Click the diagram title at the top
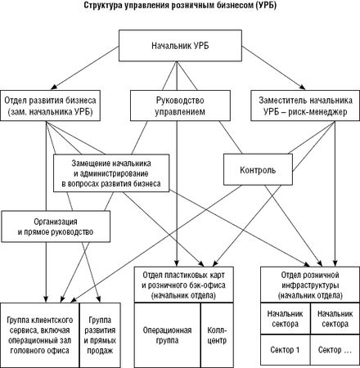(180, 6)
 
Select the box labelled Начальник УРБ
(180, 46)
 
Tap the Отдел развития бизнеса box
(50, 105)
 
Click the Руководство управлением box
(180, 105)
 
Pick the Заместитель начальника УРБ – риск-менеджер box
(305, 105)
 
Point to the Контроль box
(258, 169)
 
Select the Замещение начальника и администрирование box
(111, 173)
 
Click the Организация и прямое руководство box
(56, 227)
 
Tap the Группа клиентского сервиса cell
(40, 334)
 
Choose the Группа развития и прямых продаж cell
(100, 334)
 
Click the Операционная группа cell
(168, 334)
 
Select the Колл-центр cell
(217, 334)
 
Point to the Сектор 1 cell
(286, 350)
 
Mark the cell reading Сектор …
(335, 350)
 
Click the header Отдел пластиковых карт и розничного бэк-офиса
(184, 285)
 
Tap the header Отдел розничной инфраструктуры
(310, 285)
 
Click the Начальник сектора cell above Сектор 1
(286, 319)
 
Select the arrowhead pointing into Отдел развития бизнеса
(54, 88)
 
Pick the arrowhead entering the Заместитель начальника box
(303, 88)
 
